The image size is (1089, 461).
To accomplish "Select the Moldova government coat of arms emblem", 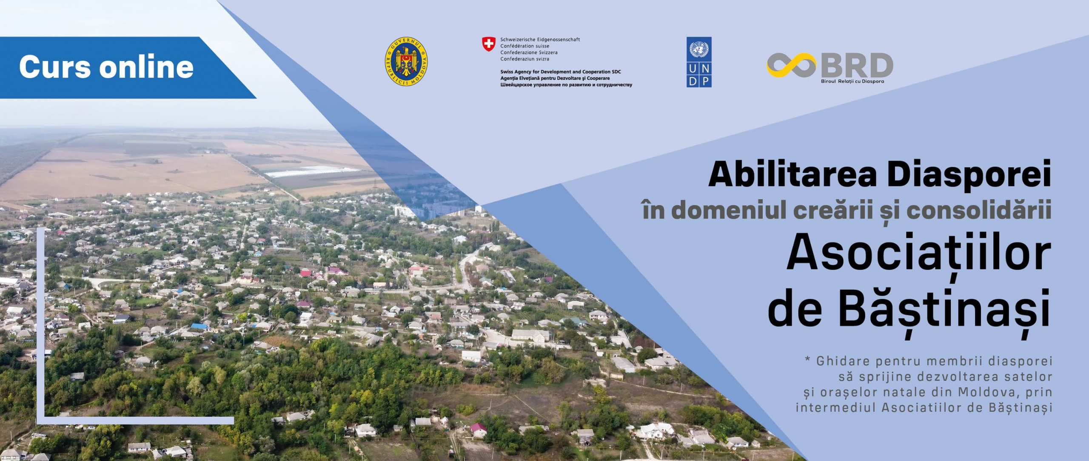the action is click(x=406, y=61).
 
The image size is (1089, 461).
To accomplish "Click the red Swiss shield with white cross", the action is click(x=488, y=44).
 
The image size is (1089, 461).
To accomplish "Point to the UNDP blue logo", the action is click(x=698, y=62).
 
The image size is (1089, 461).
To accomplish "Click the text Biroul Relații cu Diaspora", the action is click(x=852, y=81).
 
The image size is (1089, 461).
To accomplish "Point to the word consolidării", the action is click(x=978, y=210).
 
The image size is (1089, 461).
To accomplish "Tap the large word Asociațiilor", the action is click(x=918, y=254).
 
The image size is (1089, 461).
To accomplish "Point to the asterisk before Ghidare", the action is click(x=807, y=360).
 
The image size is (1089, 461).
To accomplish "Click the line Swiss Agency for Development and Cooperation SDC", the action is click(x=560, y=72).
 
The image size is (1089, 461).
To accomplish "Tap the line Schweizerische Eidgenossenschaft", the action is click(x=540, y=40).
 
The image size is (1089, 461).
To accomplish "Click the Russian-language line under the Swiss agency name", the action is click(x=566, y=85).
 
